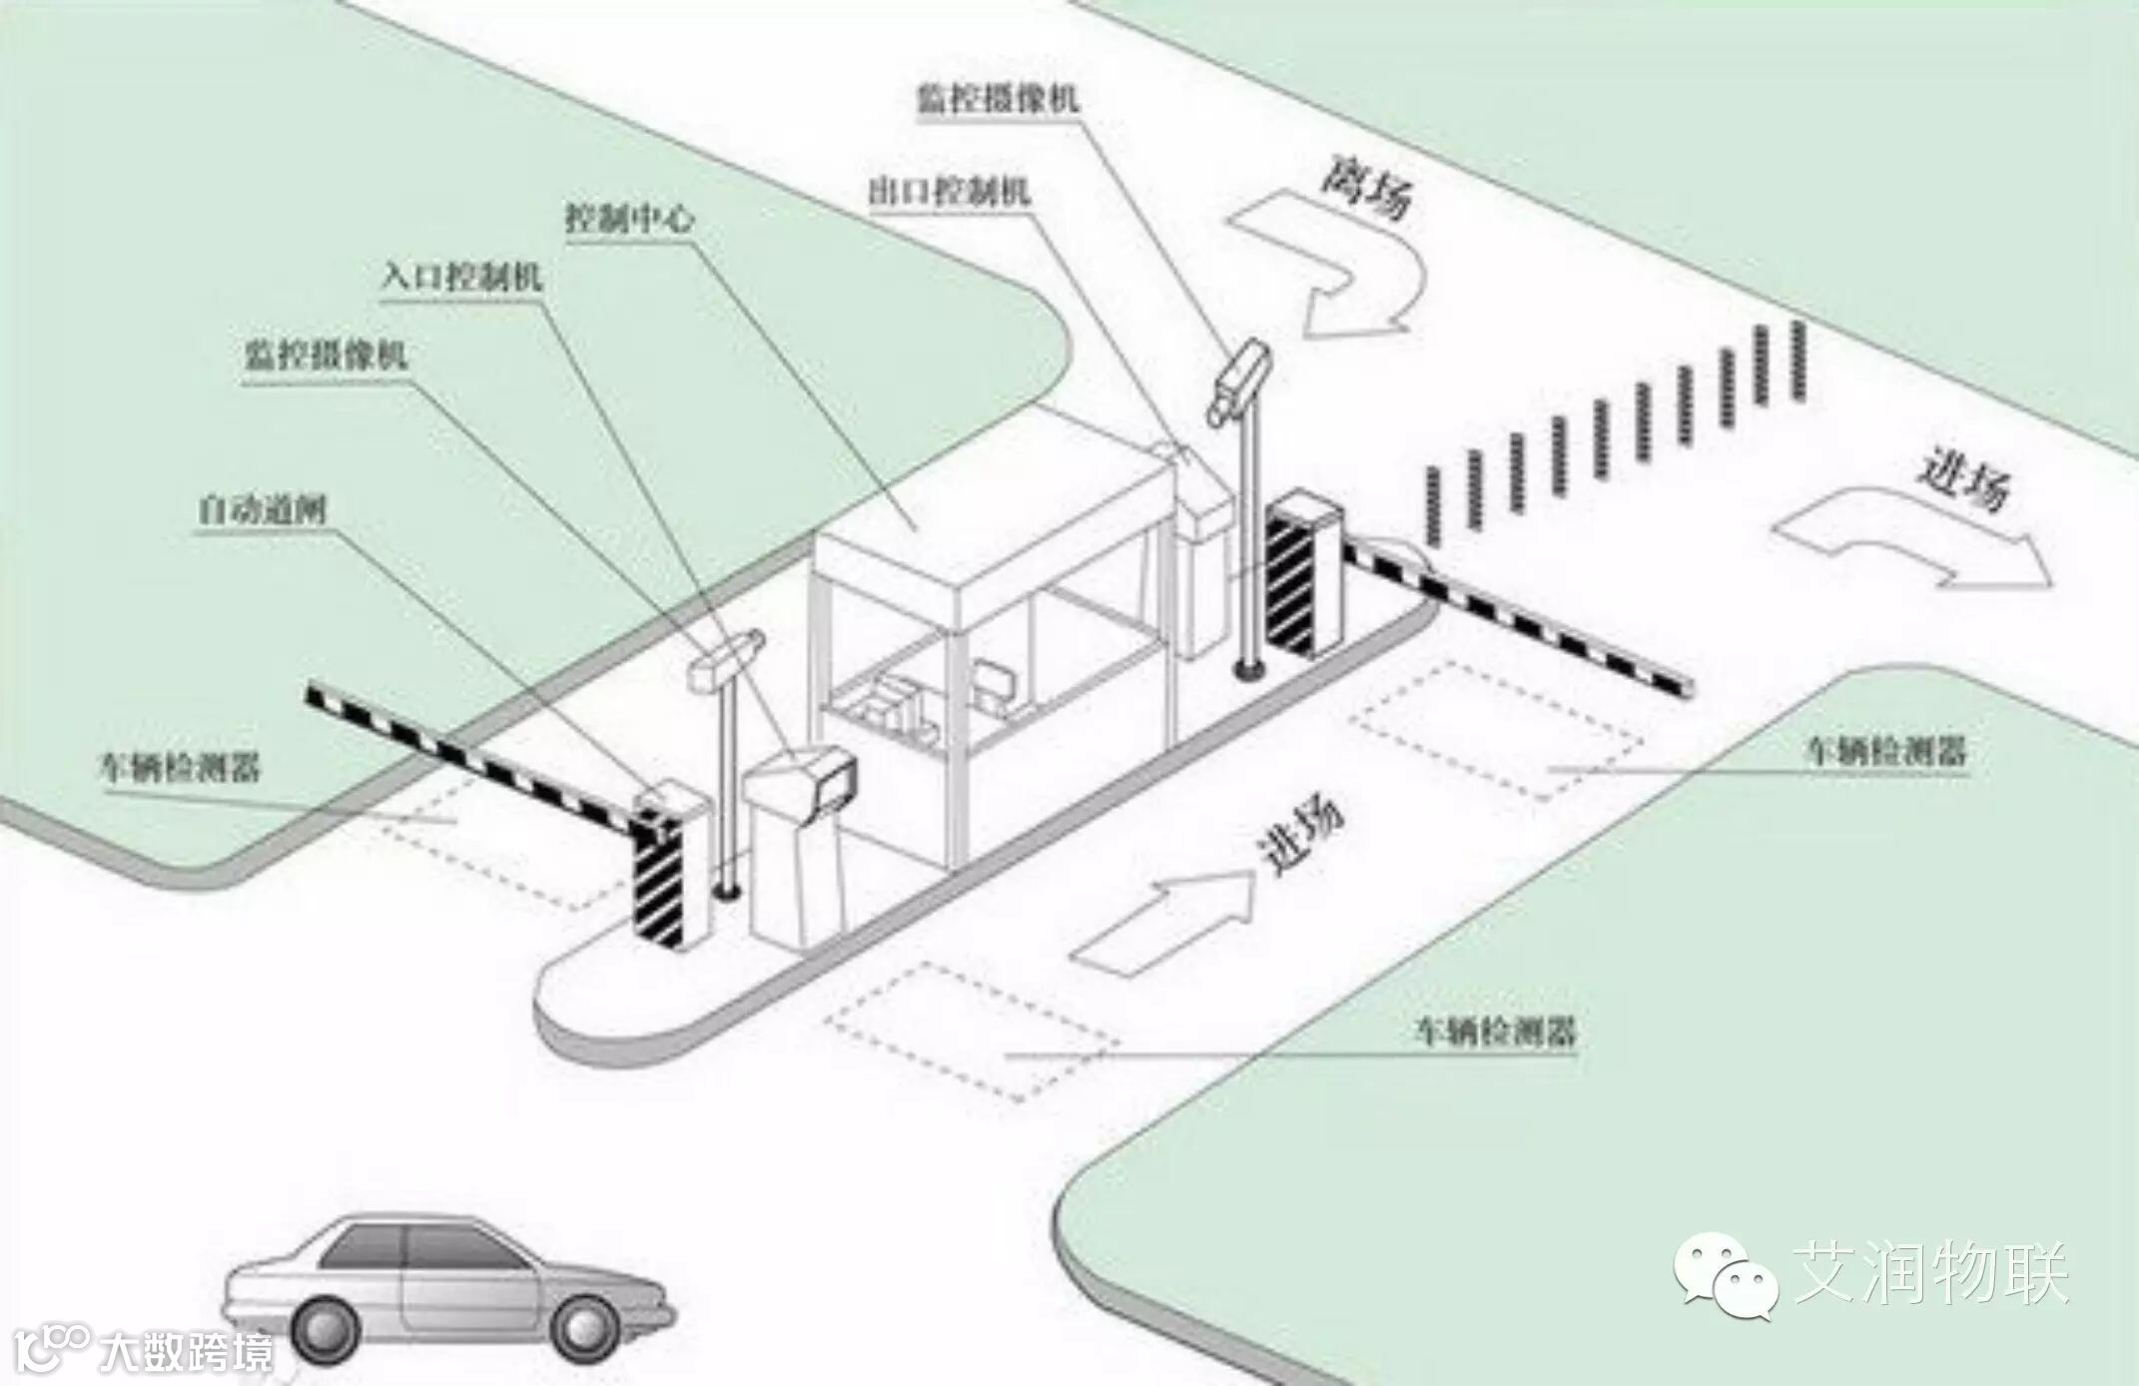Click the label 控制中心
click(629, 218)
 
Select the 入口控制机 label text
click(461, 276)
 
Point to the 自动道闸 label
click(262, 511)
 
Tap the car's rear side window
click(365, 1247)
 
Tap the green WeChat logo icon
click(1725, 1274)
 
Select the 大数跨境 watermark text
click(186, 1353)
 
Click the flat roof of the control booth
click(989, 509)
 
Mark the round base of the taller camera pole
click(1246, 668)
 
